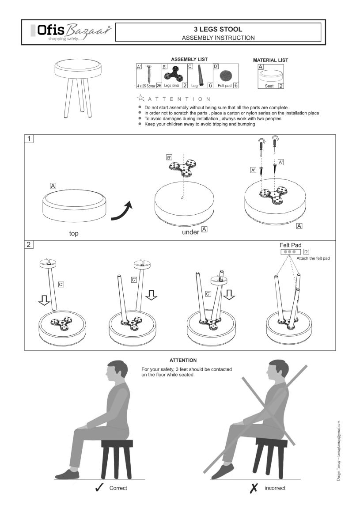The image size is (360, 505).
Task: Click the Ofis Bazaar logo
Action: (71, 32)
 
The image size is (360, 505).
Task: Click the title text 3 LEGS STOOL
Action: (218, 29)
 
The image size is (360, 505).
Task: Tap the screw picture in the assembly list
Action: (149, 74)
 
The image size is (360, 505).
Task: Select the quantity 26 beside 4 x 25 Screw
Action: (159, 86)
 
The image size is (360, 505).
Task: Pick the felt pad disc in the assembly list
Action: (226, 76)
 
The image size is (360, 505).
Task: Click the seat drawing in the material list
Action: (272, 76)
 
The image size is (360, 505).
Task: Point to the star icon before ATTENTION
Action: (140, 98)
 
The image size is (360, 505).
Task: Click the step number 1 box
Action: (29, 139)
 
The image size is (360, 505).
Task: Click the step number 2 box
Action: (29, 244)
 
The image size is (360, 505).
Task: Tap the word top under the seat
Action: (74, 233)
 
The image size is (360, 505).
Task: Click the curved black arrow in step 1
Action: (122, 212)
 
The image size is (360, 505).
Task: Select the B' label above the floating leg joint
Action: (169, 157)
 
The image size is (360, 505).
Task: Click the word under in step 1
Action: (191, 232)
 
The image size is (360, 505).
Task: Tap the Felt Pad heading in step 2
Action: (291, 245)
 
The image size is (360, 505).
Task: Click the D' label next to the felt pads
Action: (306, 251)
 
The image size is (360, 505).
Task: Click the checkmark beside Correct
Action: (99, 488)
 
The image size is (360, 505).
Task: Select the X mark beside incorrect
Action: (254, 488)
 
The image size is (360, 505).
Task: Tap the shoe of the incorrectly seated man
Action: (223, 471)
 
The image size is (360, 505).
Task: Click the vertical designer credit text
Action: (338, 451)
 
